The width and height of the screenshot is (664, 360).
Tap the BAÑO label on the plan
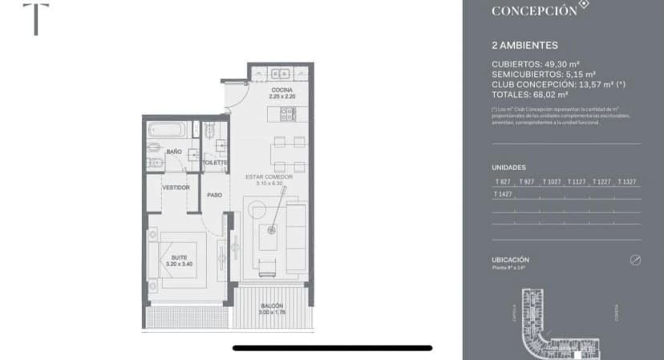pyautogui.click(x=174, y=151)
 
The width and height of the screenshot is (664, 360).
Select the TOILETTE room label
pyautogui.click(x=214, y=162)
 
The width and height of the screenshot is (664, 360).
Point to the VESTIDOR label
pyautogui.click(x=176, y=188)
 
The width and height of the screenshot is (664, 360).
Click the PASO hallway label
pyautogui.click(x=214, y=195)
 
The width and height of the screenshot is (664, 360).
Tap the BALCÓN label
pyautogui.click(x=271, y=306)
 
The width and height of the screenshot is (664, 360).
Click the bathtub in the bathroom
pyautogui.click(x=168, y=128)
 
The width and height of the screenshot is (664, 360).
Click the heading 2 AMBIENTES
pyautogui.click(x=524, y=46)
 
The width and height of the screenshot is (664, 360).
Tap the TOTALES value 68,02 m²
pyautogui.click(x=559, y=94)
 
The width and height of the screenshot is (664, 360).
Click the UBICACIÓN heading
pyautogui.click(x=510, y=260)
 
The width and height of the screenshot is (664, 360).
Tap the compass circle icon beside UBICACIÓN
pyautogui.click(x=635, y=261)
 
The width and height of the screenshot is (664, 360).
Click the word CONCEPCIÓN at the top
pyautogui.click(x=533, y=11)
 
